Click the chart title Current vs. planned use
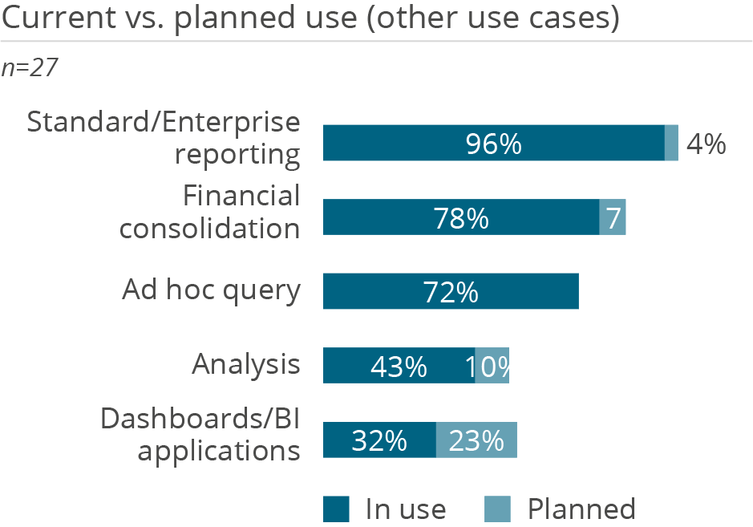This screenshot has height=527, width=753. pyautogui.click(x=311, y=19)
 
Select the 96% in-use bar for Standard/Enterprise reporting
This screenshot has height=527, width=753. pyautogui.click(x=493, y=144)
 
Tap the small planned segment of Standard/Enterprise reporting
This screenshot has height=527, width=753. pyautogui.click(x=672, y=144)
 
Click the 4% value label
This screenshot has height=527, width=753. pyautogui.click(x=706, y=144)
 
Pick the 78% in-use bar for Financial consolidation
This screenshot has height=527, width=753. pyautogui.click(x=460, y=217)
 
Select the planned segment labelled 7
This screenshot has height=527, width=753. pyautogui.click(x=613, y=217)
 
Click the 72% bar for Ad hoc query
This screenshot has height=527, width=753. pyautogui.click(x=451, y=291)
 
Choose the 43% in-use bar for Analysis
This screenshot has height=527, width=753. pyautogui.click(x=399, y=366)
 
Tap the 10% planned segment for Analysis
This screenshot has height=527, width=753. pyautogui.click(x=492, y=366)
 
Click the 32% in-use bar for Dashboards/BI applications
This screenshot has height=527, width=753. pyautogui.click(x=379, y=440)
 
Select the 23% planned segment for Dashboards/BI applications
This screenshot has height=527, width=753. pyautogui.click(x=476, y=440)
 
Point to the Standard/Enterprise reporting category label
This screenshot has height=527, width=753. pyautogui.click(x=164, y=138)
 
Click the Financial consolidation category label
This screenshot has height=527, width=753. pyautogui.click(x=210, y=212)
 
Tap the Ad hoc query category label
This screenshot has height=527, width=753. pyautogui.click(x=211, y=290)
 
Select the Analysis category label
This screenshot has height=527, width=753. pyautogui.click(x=246, y=365)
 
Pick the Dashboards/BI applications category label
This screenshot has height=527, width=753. pyautogui.click(x=200, y=434)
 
